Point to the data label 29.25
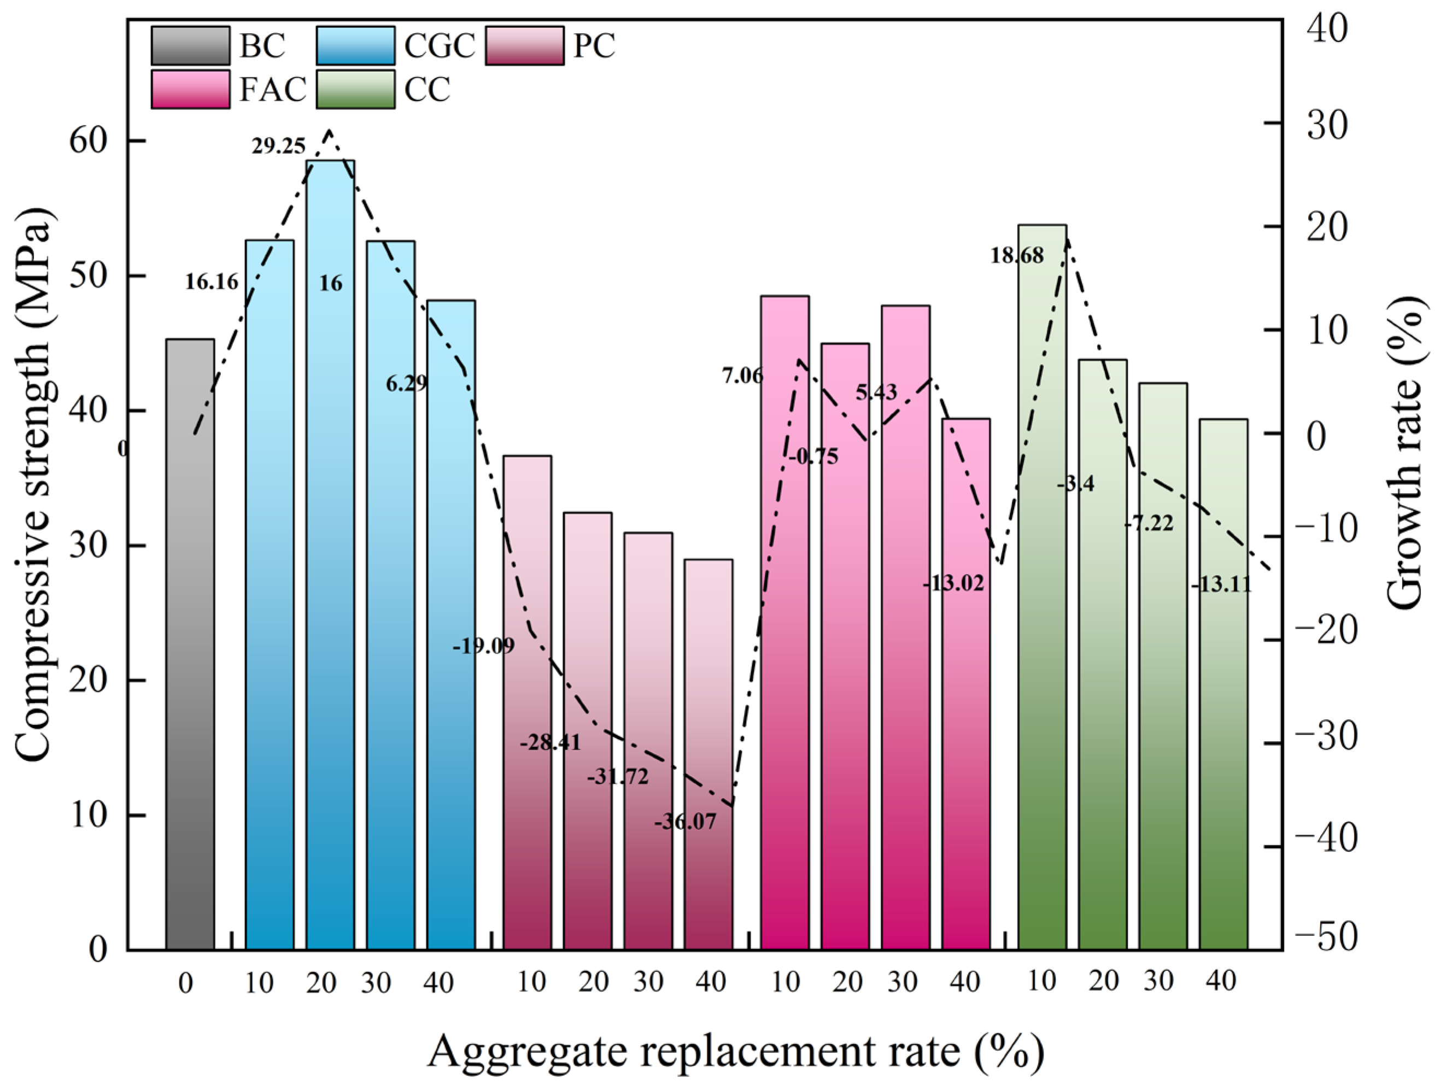pos(278,147)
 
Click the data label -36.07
pos(685,823)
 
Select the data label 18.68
pos(1017,256)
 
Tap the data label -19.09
pos(483,646)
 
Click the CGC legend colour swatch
pos(355,46)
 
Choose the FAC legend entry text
pos(272,90)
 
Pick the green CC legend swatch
pos(355,90)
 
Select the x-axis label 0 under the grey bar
pos(185,985)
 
